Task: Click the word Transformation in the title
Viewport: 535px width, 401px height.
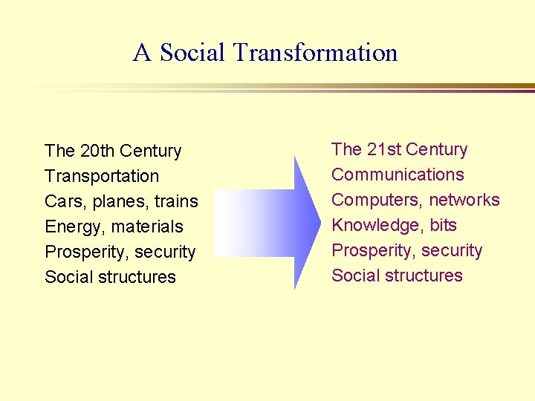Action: click(x=315, y=53)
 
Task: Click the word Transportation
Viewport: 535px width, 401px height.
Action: click(x=102, y=176)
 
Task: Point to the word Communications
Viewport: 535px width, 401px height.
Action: click(x=398, y=175)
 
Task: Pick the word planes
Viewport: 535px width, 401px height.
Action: click(x=121, y=202)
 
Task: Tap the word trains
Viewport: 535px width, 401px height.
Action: click(x=176, y=201)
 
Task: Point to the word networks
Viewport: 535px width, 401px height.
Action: click(x=464, y=200)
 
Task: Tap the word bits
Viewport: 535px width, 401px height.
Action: click(x=443, y=225)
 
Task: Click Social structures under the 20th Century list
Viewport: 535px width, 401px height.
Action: click(x=110, y=277)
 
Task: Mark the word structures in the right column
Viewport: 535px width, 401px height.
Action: click(x=425, y=276)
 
